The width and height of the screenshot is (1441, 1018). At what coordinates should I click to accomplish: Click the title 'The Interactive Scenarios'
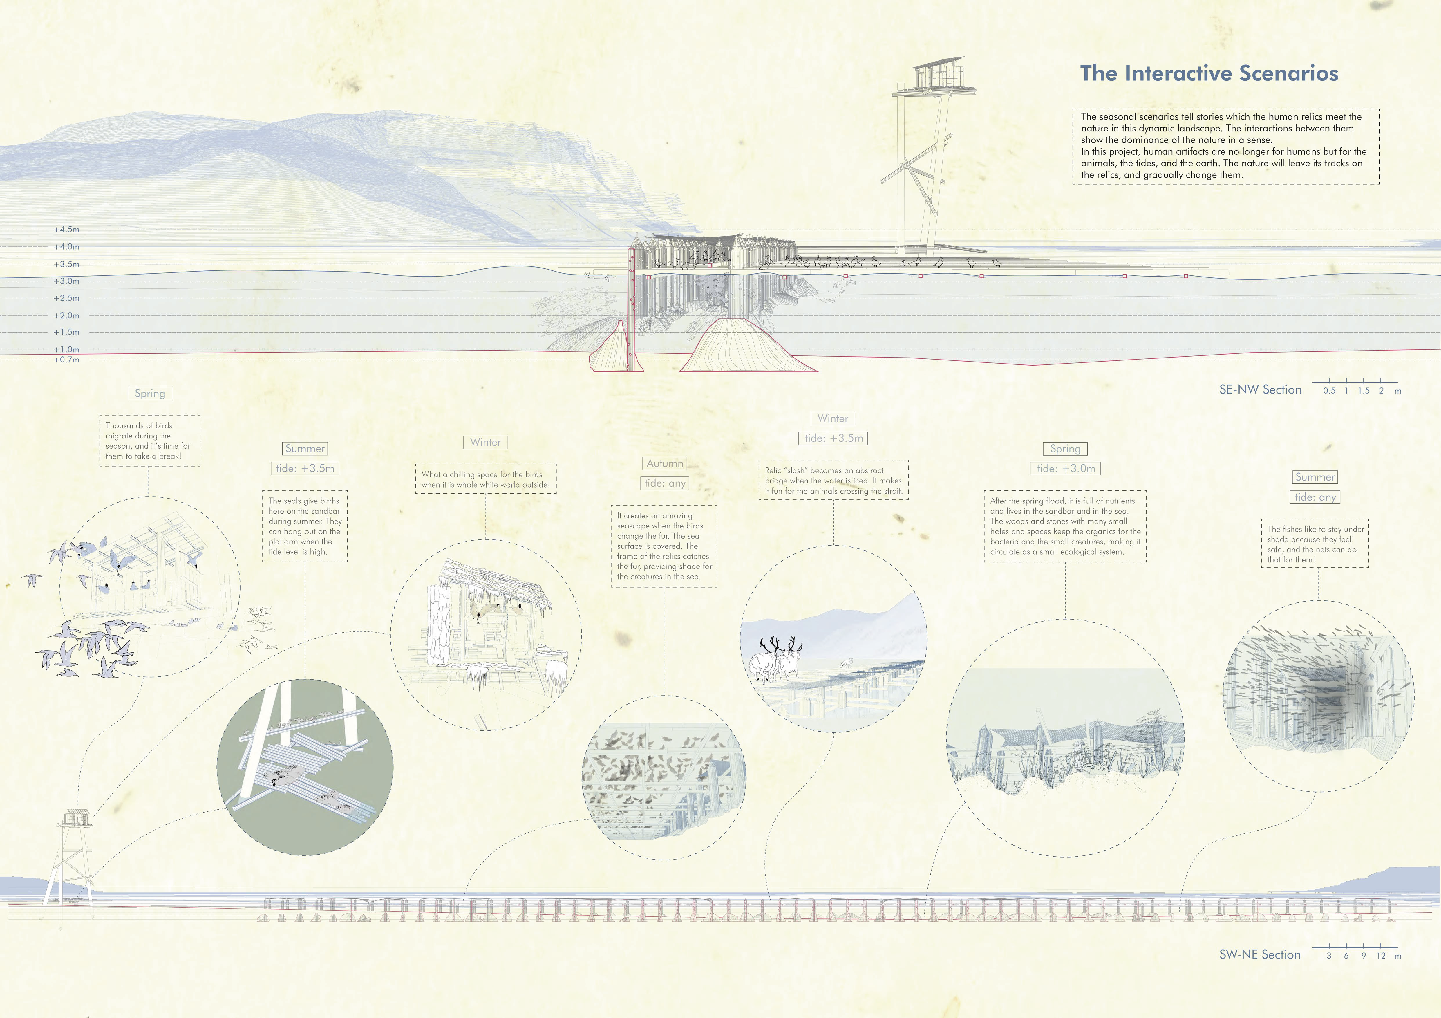click(x=1209, y=73)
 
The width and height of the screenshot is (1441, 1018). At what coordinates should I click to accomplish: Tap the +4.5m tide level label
click(x=66, y=230)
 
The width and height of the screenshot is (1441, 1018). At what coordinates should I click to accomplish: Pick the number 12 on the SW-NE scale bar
click(x=1381, y=956)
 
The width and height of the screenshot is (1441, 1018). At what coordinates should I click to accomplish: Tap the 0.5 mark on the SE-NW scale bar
click(x=1329, y=390)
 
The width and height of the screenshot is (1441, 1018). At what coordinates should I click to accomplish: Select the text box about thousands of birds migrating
click(x=149, y=441)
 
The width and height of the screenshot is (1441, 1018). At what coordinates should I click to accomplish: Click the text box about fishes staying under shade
click(x=1315, y=544)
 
